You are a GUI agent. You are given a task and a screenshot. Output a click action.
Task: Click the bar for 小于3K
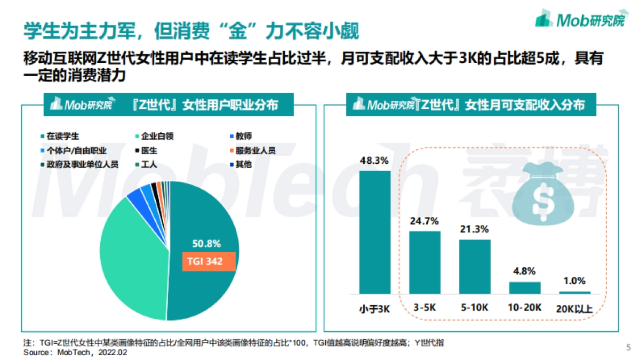tap(375, 232)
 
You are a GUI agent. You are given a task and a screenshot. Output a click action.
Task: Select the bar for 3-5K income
tap(425, 262)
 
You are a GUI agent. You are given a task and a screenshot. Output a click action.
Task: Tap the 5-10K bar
tap(475, 266)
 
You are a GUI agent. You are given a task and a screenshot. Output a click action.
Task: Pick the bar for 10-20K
tap(525, 287)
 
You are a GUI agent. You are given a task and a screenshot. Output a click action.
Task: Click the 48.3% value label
tap(374, 160)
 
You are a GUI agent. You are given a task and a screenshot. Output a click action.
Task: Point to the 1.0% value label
tap(575, 281)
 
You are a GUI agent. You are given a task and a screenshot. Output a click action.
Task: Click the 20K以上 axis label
tap(575, 308)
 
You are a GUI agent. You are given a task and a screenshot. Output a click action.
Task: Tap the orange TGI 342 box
tap(209, 262)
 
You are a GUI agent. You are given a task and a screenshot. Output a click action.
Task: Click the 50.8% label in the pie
tap(206, 244)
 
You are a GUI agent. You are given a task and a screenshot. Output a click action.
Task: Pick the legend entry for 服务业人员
tap(253, 150)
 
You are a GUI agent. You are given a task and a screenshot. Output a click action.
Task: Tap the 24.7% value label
tap(425, 220)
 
